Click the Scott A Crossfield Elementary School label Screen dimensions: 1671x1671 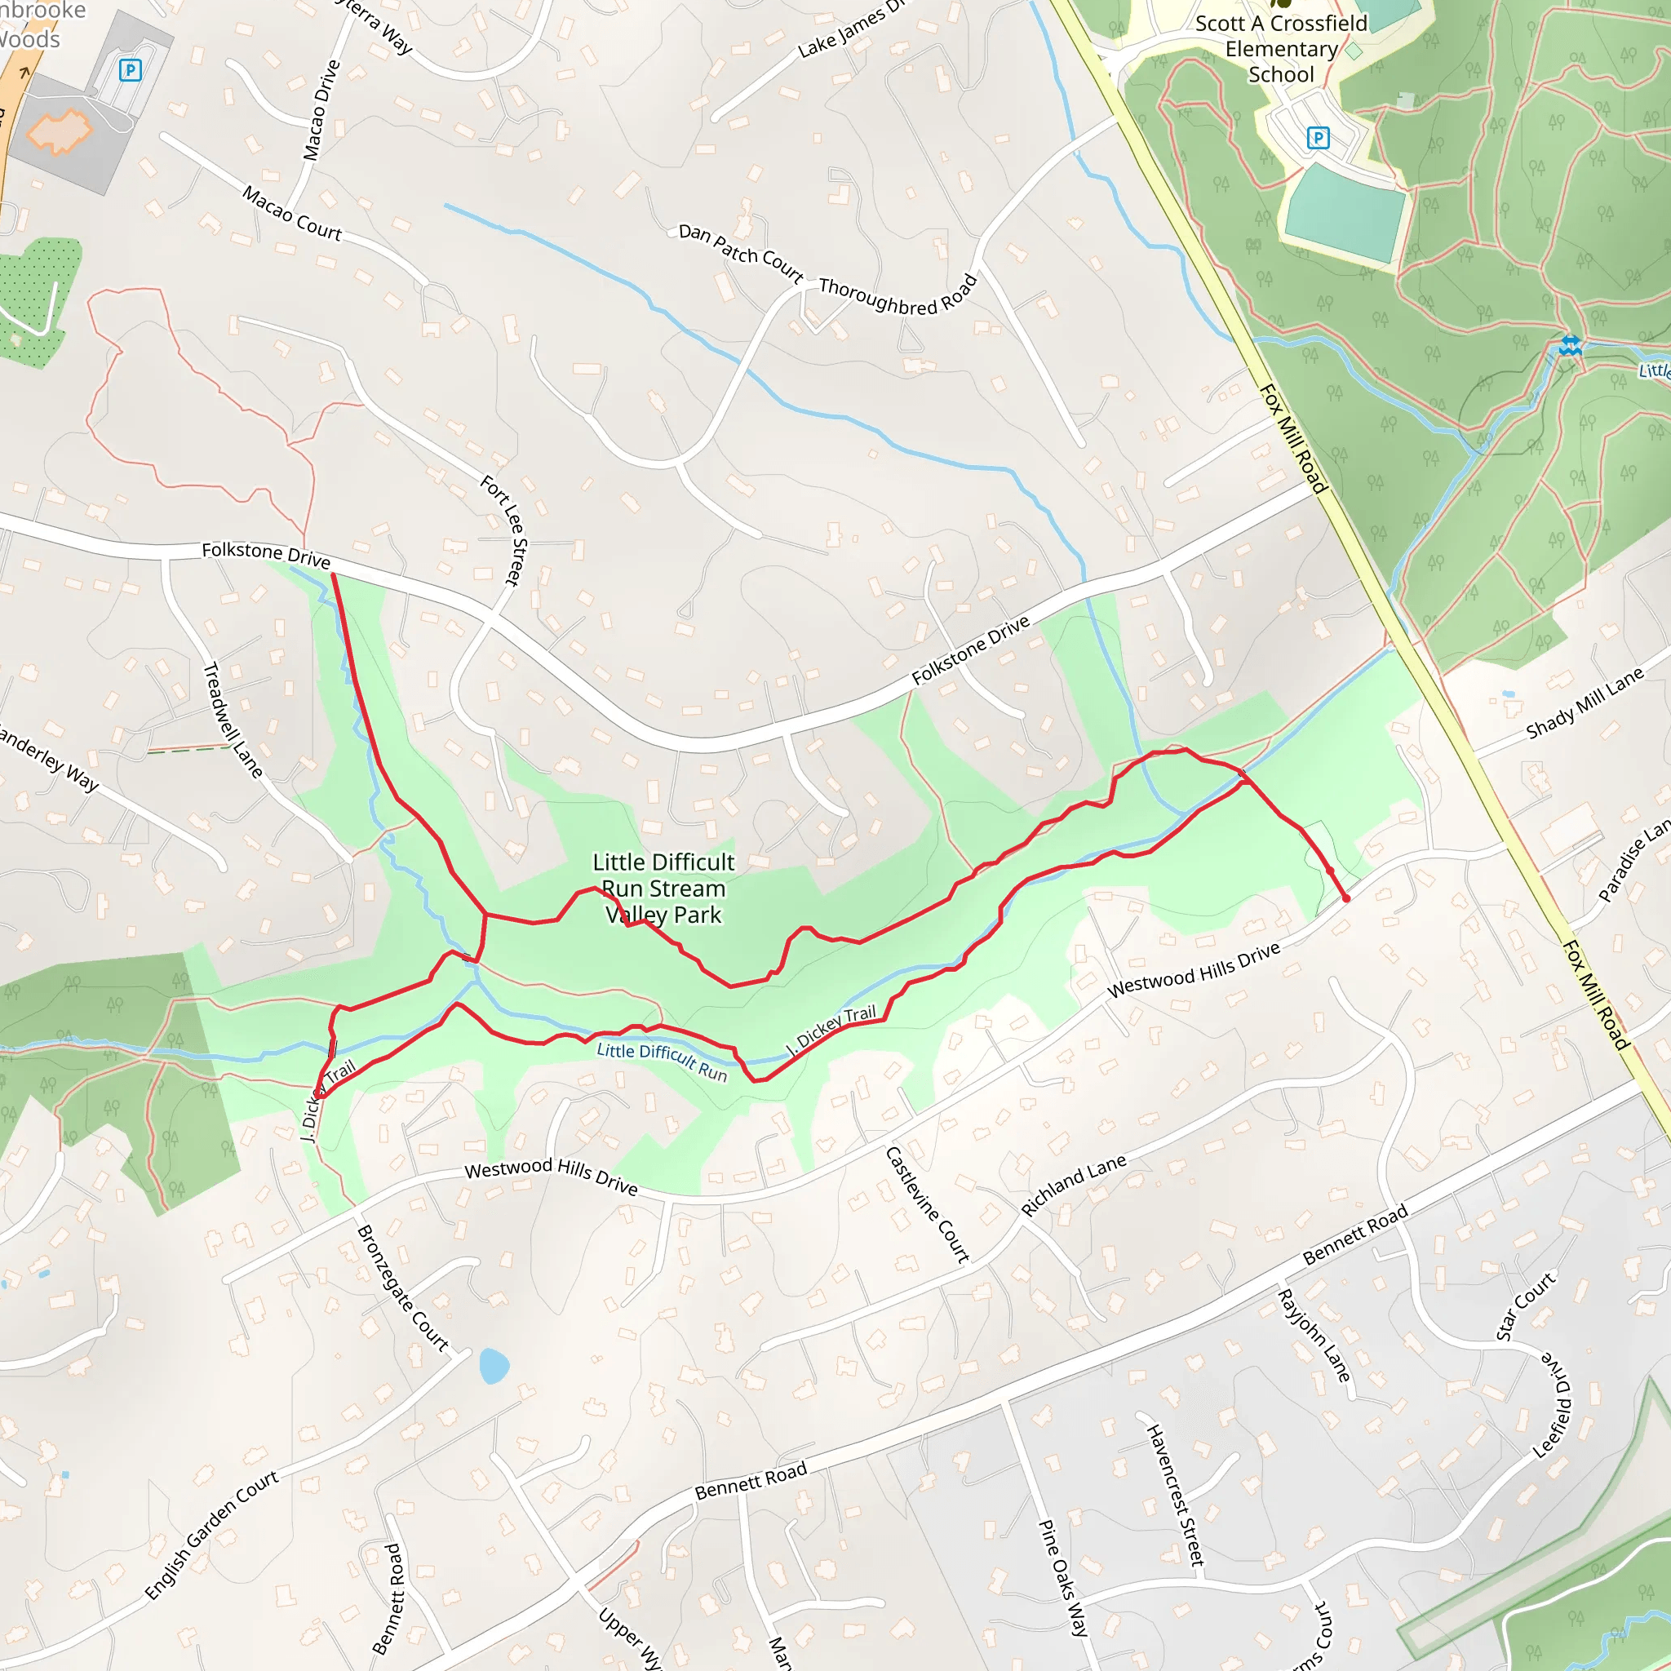click(x=1281, y=49)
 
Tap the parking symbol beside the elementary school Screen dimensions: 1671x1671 click(x=1317, y=138)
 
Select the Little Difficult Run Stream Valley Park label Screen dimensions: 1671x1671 click(x=663, y=889)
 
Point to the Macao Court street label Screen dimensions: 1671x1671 click(x=291, y=214)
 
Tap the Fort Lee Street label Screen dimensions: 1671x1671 click(x=504, y=530)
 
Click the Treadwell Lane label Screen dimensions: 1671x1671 click(x=232, y=720)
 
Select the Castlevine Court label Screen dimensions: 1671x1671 click(x=927, y=1204)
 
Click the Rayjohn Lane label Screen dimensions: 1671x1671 click(x=1313, y=1336)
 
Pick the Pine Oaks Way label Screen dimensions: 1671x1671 click(x=1063, y=1578)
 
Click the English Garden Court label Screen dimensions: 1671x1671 click(x=211, y=1535)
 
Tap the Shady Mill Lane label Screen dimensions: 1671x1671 click(x=1585, y=703)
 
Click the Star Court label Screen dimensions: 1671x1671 click(x=1526, y=1306)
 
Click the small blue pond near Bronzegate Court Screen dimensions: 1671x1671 click(x=494, y=1366)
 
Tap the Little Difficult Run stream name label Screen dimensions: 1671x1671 click(x=662, y=1062)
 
